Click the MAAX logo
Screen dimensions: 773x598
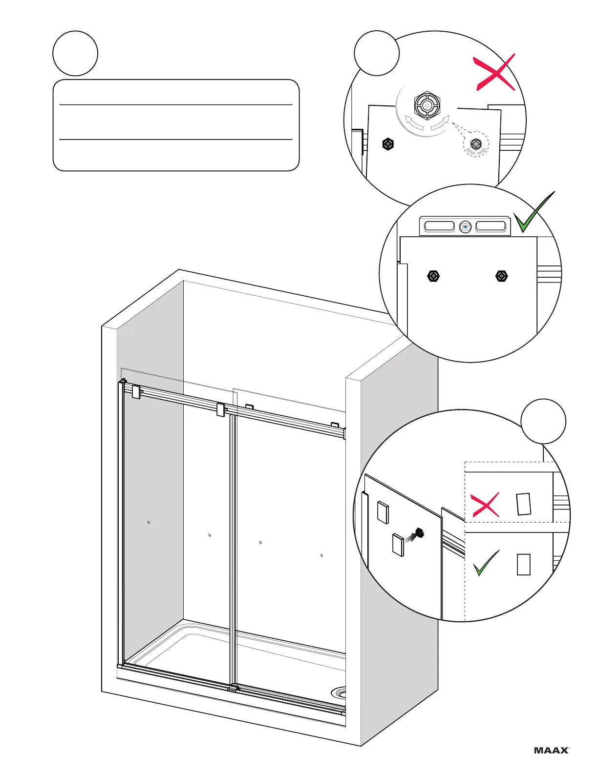(552, 750)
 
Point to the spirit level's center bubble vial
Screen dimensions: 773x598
(465, 226)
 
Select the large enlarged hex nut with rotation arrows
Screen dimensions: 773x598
(427, 104)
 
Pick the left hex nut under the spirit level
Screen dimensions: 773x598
(433, 276)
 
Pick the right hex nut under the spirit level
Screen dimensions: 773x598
(501, 276)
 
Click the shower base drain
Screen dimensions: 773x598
(339, 692)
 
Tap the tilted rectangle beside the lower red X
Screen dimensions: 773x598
(523, 504)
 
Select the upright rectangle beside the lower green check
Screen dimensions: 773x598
(523, 564)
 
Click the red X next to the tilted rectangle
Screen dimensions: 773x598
(485, 505)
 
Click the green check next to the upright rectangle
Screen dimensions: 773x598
(486, 563)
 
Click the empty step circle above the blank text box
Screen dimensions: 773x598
(75, 53)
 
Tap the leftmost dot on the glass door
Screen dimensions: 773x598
(149, 523)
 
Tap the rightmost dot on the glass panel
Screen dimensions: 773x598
(321, 555)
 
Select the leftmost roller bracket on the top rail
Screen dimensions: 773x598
(136, 391)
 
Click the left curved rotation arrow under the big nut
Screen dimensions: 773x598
(413, 122)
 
